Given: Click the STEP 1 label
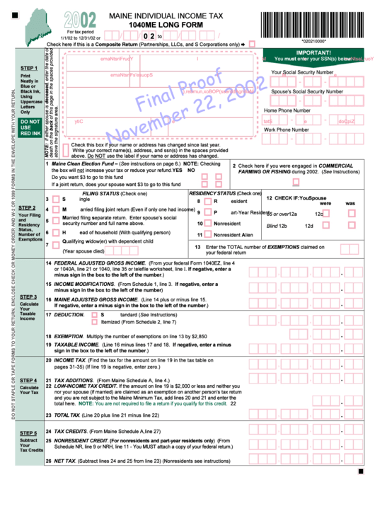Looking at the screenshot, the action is (29, 69).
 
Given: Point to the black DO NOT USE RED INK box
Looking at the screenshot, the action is (30, 127).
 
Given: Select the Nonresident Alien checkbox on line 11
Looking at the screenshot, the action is (200, 235).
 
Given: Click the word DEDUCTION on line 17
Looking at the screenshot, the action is (69, 314).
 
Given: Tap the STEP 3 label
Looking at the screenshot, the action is (28, 297).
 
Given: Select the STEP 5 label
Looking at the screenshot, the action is (28, 433).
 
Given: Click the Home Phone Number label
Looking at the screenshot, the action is (287, 110).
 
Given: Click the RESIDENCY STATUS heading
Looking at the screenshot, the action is (212, 193).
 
